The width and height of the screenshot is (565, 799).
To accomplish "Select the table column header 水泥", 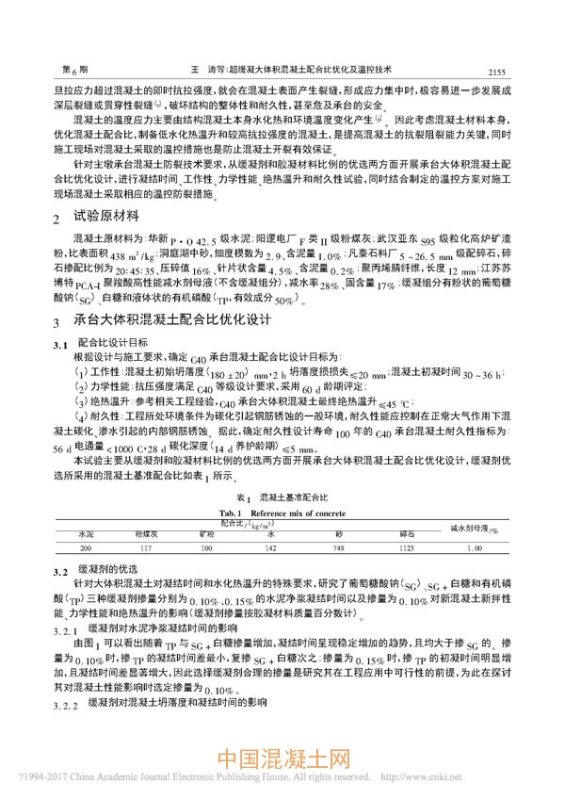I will (x=86, y=532).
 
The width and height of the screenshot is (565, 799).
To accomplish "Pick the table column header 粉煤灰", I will (x=143, y=532).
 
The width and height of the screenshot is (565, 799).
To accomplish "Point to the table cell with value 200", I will (x=86, y=546).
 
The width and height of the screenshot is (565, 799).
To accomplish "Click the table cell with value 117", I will (x=143, y=546).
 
